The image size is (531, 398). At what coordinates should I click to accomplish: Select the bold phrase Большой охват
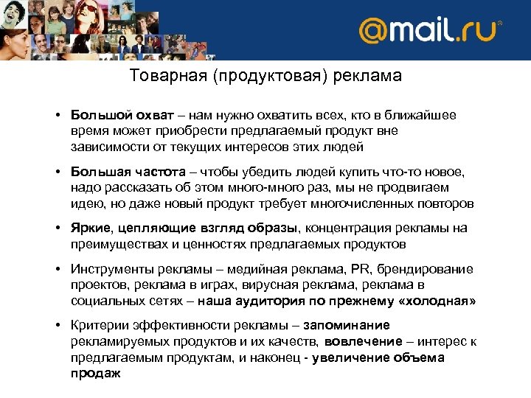pyautogui.click(x=122, y=116)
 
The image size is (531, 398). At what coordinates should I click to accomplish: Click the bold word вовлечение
pyautogui.click(x=360, y=341)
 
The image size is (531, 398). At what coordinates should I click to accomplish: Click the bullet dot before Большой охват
pyautogui.click(x=57, y=116)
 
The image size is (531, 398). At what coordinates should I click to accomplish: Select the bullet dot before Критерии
pyautogui.click(x=57, y=327)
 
